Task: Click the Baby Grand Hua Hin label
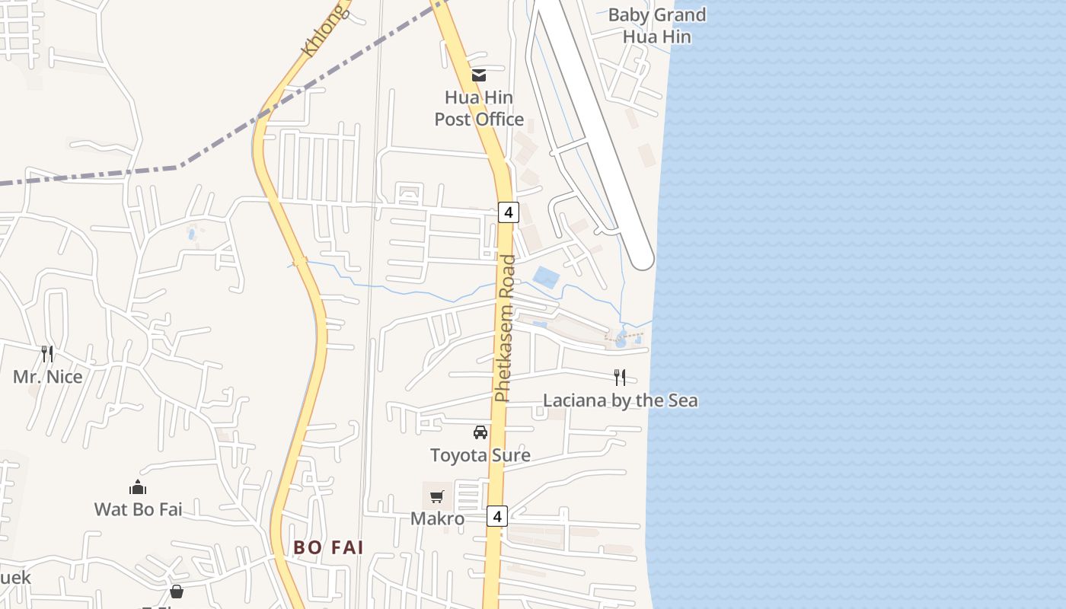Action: point(657,25)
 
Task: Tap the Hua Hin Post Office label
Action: point(479,108)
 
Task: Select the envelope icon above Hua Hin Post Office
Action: point(479,75)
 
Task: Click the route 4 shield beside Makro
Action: point(497,516)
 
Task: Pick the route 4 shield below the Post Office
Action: point(508,212)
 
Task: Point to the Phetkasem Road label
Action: point(505,328)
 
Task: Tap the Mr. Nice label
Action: point(47,376)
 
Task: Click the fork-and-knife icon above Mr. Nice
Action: point(47,353)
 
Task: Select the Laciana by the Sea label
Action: point(620,400)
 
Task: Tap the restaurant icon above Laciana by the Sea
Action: point(620,377)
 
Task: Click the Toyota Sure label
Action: point(480,455)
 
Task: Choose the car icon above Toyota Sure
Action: point(480,432)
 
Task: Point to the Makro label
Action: point(437,518)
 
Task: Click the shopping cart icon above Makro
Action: point(436,497)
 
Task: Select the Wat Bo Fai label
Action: point(138,509)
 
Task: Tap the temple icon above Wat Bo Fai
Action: point(138,487)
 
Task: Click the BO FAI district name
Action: point(328,547)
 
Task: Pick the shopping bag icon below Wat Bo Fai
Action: point(177,591)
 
